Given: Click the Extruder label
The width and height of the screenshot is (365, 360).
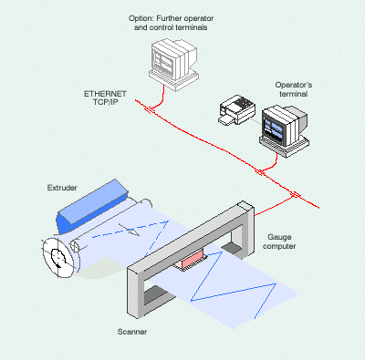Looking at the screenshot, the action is [62, 188].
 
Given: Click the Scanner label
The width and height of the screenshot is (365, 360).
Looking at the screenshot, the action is [132, 332].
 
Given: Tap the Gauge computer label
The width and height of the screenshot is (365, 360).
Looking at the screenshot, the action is [279, 242].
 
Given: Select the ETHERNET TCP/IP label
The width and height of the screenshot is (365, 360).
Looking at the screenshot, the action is [105, 98].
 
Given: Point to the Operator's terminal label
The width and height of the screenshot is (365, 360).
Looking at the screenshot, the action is [294, 89].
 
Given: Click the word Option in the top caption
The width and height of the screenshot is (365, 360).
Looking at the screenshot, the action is [140, 19].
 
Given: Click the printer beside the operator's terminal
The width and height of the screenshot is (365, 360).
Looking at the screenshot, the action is [237, 110].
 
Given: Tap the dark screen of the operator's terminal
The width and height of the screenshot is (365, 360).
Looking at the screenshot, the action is [276, 127].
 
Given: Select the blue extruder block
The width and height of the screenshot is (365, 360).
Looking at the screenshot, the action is [93, 206].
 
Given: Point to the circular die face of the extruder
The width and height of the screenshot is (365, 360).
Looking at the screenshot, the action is [59, 257].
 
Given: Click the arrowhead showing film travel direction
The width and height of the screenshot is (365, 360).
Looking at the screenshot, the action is [133, 231].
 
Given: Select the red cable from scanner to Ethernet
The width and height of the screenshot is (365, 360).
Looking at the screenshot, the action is [275, 206].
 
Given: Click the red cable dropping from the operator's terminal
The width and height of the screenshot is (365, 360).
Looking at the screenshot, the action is [272, 165].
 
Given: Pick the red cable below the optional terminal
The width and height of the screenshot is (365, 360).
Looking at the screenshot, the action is [161, 98].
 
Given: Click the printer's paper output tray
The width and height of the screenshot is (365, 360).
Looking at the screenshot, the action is [226, 119].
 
